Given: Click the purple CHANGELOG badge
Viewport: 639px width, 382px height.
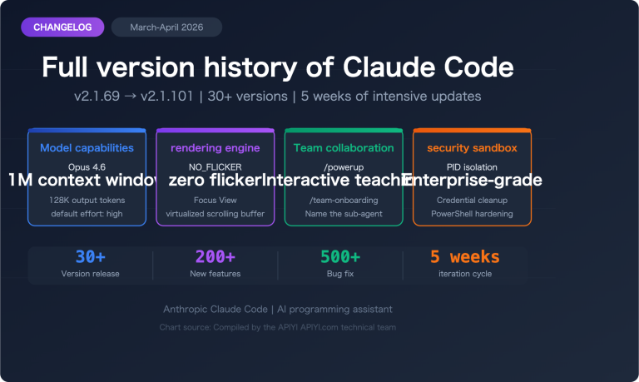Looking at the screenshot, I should (62, 27).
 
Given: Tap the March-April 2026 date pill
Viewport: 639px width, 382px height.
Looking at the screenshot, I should (166, 27).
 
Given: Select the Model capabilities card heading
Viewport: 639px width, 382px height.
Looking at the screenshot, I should (87, 148).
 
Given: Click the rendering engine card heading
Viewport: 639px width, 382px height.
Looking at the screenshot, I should (215, 148).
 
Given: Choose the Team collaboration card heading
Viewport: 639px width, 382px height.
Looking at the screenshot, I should (344, 148).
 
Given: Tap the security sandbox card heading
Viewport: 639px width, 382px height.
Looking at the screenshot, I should (472, 148).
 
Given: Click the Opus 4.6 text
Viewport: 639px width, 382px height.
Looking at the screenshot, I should (87, 166).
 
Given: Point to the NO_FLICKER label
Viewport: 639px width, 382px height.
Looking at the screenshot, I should (215, 166).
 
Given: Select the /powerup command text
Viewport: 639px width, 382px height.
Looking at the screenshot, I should (344, 166).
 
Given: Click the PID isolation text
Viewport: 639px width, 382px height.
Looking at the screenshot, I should (472, 166).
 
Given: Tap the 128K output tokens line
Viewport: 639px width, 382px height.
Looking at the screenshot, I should (87, 200).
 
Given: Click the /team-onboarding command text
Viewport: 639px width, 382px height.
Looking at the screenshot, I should (344, 200).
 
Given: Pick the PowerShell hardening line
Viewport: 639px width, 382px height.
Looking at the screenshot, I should (472, 214).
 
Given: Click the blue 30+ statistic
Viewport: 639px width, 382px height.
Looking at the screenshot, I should (90, 256).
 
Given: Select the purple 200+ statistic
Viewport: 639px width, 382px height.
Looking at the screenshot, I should (215, 256).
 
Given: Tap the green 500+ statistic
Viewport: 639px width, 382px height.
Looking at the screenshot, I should (339, 256).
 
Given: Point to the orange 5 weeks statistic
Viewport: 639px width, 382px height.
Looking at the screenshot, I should (464, 256).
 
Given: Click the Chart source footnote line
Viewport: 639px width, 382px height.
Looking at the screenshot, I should (278, 327).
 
